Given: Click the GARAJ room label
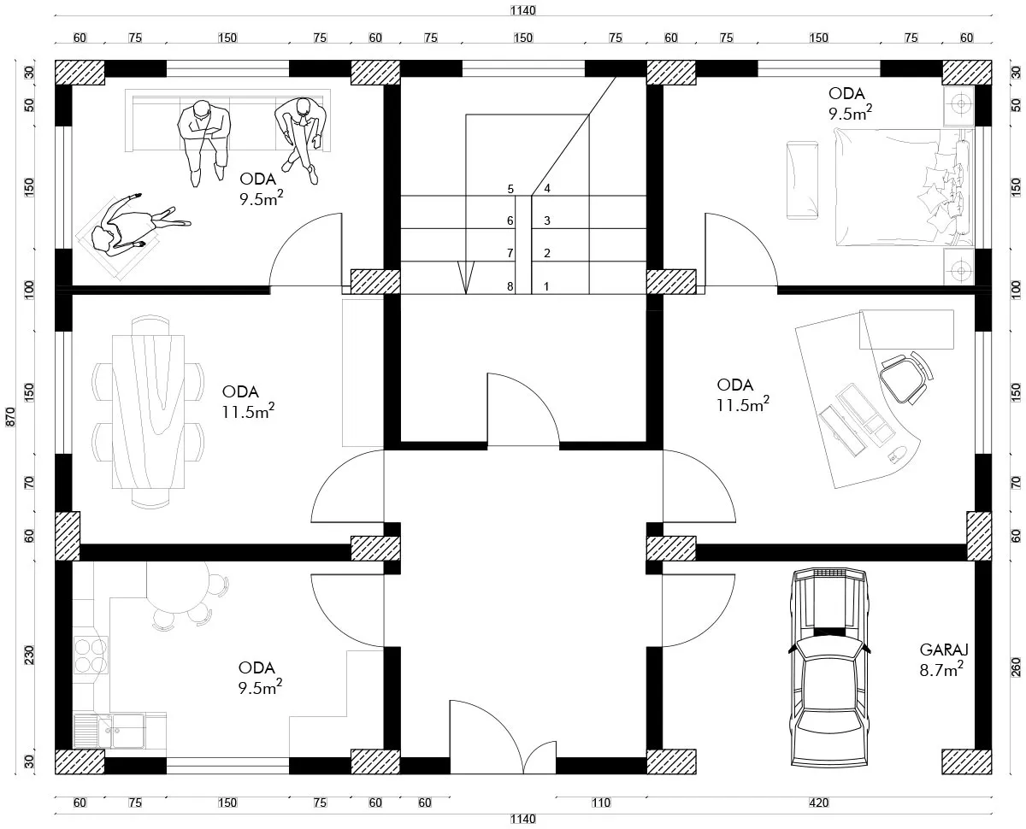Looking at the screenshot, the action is pyautogui.click(x=943, y=650).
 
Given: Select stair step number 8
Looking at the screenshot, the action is pyautogui.click(x=510, y=286).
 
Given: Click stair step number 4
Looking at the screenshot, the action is pyautogui.click(x=546, y=188).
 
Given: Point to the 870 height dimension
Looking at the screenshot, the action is pyautogui.click(x=10, y=417).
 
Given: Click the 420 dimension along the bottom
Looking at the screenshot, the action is pyautogui.click(x=819, y=803).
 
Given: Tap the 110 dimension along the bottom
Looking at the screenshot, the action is pyautogui.click(x=601, y=803).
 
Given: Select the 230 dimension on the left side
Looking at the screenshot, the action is pyautogui.click(x=29, y=655).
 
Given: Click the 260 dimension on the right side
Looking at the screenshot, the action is pyautogui.click(x=1016, y=667).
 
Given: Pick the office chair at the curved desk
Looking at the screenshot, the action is pyautogui.click(x=906, y=376).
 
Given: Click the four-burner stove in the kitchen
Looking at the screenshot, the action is pyautogui.click(x=91, y=656).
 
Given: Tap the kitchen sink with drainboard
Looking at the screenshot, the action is pyautogui.click(x=109, y=731).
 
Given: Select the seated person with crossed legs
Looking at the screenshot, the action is pyautogui.click(x=301, y=138).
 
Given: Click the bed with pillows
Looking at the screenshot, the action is pyautogui.click(x=903, y=187).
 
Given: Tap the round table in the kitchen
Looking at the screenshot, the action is pyautogui.click(x=178, y=586).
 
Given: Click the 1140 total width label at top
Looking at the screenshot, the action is pyautogui.click(x=523, y=10).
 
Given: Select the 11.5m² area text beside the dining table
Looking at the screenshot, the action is pyautogui.click(x=248, y=412).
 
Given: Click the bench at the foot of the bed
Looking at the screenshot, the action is pyautogui.click(x=802, y=180).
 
